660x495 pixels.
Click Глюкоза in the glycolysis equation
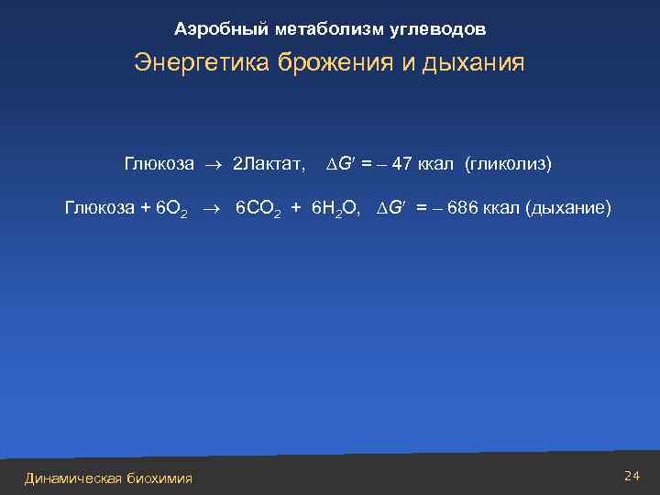(x=159, y=164)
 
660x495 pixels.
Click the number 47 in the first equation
(x=401, y=164)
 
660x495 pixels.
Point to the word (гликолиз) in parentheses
(x=508, y=164)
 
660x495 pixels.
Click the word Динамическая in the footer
(x=72, y=478)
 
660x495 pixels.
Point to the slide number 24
(x=631, y=475)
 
